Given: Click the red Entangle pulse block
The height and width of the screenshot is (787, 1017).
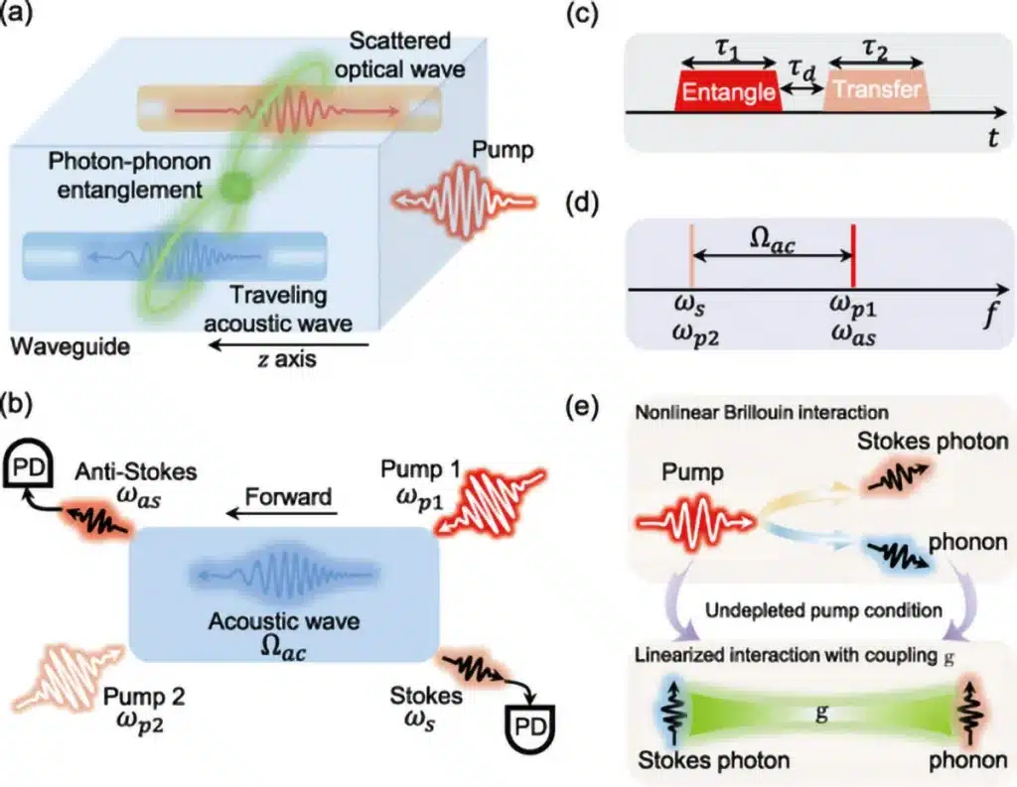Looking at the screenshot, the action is [728, 91].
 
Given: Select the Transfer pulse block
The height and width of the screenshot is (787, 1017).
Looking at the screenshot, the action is [877, 91].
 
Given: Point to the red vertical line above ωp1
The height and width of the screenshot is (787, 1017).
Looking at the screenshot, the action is [853, 255].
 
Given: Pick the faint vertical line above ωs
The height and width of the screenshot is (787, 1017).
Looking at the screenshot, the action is [692, 255].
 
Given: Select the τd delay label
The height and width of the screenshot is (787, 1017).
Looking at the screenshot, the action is [801, 70].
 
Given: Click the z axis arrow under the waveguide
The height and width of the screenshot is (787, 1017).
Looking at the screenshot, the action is [288, 345].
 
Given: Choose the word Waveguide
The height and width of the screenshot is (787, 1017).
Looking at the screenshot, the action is [71, 346].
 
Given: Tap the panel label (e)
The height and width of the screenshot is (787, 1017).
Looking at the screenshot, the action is [581, 409].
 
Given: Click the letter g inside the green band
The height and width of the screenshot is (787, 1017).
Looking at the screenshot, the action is [821, 714].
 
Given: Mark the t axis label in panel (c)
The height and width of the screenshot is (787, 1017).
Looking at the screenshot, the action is [992, 137].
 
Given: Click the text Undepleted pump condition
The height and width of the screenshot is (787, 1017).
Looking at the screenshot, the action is [823, 610].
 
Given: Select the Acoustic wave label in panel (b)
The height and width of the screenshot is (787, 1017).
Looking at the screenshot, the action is [283, 621].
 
